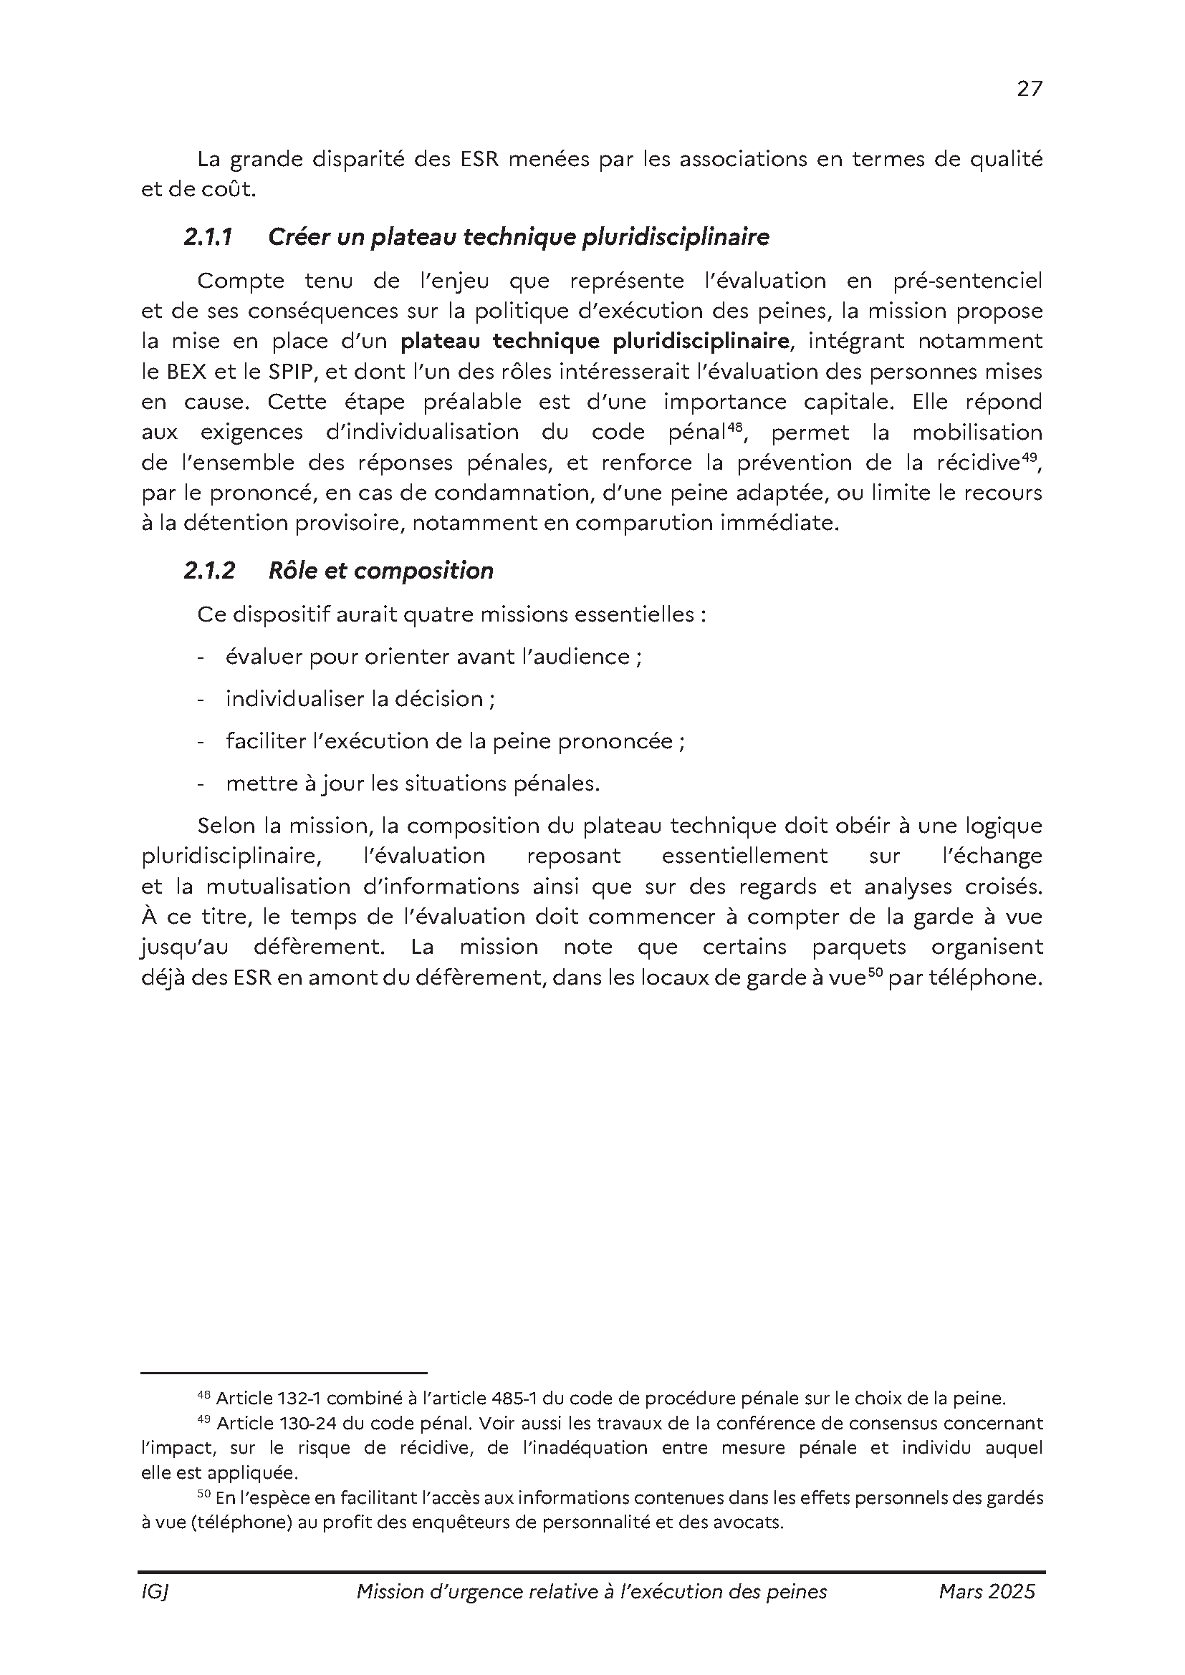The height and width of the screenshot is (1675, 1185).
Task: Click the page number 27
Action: pos(1030,89)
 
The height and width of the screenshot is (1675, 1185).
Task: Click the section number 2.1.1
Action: pos(208,237)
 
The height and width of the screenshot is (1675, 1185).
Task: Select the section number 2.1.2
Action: pos(209,571)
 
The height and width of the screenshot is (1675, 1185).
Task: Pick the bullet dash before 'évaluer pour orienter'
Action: pos(201,657)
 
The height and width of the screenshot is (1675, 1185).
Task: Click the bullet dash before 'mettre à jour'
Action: pos(201,784)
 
